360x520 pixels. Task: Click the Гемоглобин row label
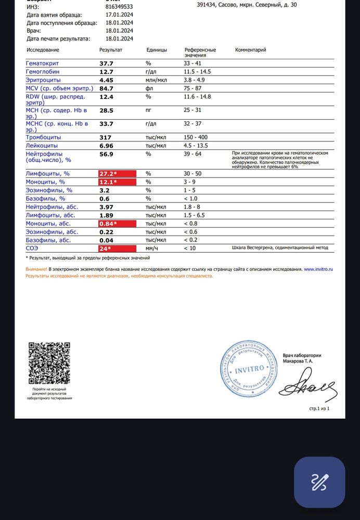[42, 72]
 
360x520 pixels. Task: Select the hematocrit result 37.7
[106, 63]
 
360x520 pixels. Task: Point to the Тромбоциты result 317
[106, 137]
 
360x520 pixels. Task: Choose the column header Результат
[110, 50]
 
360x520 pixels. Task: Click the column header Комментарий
[250, 50]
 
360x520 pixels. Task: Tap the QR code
[49, 363]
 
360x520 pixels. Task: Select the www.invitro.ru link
[318, 269]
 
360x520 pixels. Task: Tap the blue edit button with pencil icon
[319, 482]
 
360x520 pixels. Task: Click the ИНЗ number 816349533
[119, 7]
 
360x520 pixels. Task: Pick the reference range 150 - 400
[196, 137]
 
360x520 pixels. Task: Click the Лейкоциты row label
[41, 146]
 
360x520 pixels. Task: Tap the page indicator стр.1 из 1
[319, 409]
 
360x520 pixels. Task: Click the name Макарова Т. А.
[298, 361]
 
